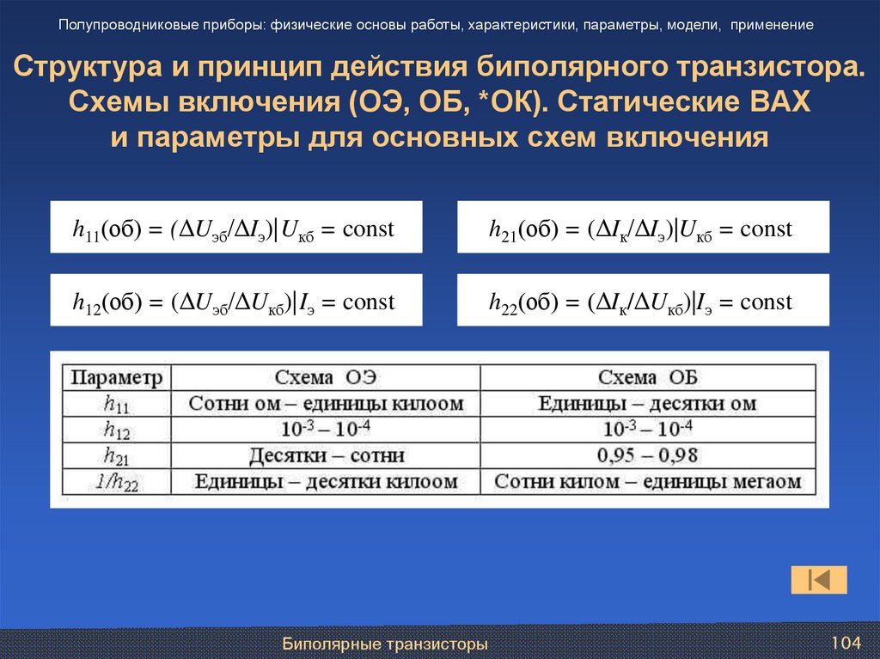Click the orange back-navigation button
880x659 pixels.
(819, 580)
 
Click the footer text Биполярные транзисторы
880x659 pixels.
(386, 644)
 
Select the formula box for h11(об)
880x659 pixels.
(235, 228)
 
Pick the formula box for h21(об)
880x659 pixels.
(643, 228)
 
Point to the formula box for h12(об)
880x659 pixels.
(235, 301)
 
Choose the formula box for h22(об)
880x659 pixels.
(643, 301)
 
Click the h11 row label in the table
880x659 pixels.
(116, 404)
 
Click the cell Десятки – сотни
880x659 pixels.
(326, 455)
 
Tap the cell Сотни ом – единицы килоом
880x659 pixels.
(326, 404)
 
